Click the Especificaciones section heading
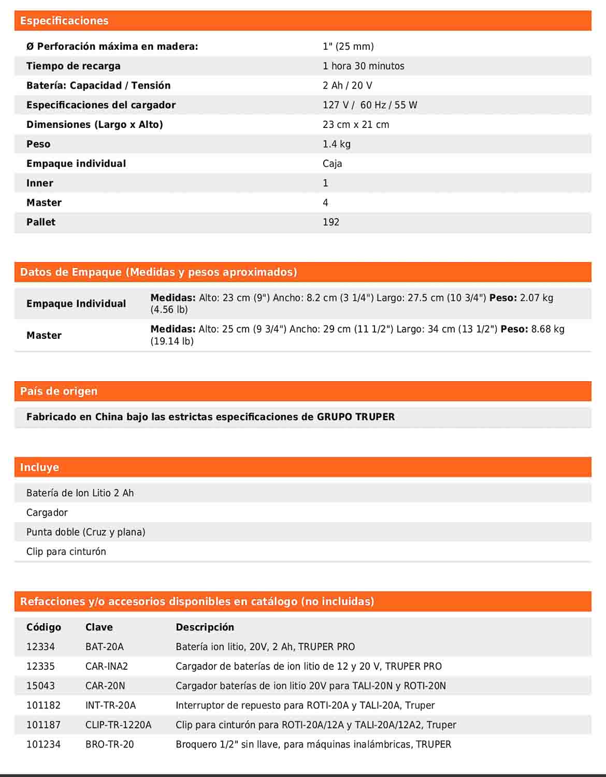[64, 21]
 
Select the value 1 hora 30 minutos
[363, 66]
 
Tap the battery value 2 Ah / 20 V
[347, 85]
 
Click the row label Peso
[38, 144]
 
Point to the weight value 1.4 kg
[336, 144]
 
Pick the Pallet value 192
[330, 222]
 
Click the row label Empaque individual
[76, 164]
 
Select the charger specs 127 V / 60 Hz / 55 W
[369, 105]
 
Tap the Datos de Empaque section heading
[158, 272]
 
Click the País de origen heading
[59, 391]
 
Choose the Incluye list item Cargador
[47, 512]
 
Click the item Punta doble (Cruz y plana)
[85, 532]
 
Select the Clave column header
[99, 627]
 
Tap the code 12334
[40, 647]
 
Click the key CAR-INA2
[106, 666]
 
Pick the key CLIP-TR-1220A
[118, 725]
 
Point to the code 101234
[44, 744]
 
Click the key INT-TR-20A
[110, 706]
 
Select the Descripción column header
[205, 627]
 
